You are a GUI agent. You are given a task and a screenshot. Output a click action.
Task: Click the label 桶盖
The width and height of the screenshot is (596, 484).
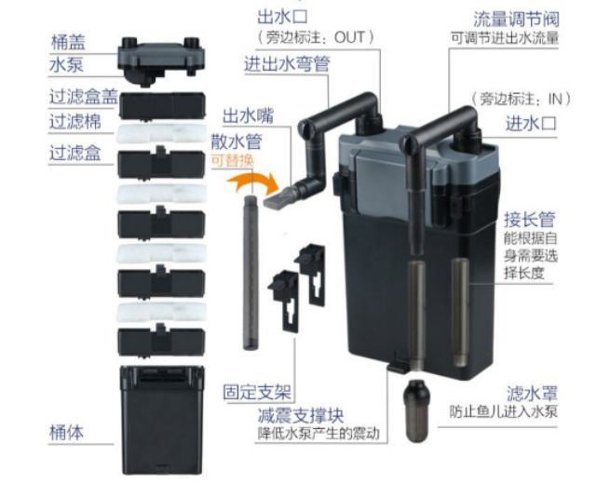(x=68, y=42)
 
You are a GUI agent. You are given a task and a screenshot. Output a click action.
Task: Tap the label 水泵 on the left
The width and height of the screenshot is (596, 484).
(x=66, y=64)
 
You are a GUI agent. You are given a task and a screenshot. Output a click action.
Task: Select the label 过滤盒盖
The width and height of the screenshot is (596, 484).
(x=83, y=97)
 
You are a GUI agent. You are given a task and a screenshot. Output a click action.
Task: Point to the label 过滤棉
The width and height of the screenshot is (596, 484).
(x=75, y=122)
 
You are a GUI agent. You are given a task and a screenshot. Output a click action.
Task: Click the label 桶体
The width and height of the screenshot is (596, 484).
(x=66, y=432)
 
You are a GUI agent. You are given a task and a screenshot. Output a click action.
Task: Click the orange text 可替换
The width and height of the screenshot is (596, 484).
(x=232, y=161)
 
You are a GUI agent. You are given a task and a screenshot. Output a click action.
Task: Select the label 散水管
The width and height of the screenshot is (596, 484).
(x=237, y=141)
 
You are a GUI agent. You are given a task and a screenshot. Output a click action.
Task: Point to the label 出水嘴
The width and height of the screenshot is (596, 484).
(x=248, y=115)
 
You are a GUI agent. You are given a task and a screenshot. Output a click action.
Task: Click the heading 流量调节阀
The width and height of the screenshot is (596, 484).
(x=517, y=19)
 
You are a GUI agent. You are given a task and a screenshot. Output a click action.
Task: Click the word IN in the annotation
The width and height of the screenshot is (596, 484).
(x=555, y=99)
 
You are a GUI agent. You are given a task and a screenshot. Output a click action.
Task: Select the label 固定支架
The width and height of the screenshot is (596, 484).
(x=257, y=392)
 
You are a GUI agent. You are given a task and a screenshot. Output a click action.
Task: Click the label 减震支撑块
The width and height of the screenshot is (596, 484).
(x=301, y=415)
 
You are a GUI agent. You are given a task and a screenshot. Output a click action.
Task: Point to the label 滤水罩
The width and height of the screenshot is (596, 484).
(x=532, y=393)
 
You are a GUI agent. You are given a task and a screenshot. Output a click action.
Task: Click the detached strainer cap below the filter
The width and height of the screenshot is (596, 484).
(x=416, y=410)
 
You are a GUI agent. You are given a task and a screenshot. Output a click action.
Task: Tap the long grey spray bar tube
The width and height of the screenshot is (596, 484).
(x=251, y=273)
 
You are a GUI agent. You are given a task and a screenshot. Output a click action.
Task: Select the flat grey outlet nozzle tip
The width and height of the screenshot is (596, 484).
(x=278, y=197)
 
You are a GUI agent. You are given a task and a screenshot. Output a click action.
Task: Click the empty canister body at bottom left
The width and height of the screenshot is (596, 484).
(x=161, y=420)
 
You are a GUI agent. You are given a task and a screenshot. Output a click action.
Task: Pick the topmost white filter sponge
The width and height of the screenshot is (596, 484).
(x=161, y=133)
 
